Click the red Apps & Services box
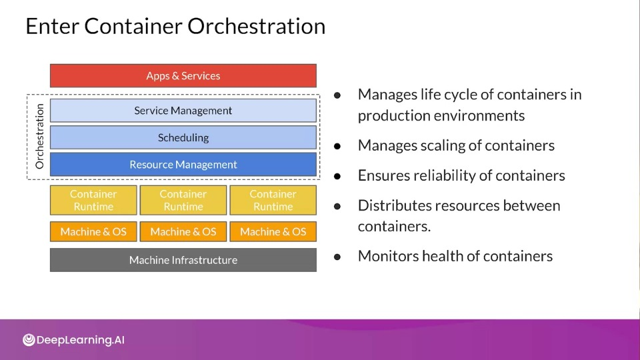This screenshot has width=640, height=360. (x=183, y=75)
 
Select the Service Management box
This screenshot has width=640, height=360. (x=183, y=110)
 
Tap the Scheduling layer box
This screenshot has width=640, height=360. (x=183, y=137)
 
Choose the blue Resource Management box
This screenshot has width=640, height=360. (x=183, y=165)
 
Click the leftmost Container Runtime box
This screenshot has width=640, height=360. (x=93, y=200)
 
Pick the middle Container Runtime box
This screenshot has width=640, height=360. (x=183, y=200)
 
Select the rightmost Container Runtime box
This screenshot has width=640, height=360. (x=273, y=200)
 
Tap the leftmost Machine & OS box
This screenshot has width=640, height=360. (x=93, y=231)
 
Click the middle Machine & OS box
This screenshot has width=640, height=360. (x=183, y=231)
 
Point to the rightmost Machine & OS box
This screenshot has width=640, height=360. (x=273, y=231)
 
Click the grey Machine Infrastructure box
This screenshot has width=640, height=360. (x=183, y=260)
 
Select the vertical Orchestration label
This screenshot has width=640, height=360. (x=39, y=136)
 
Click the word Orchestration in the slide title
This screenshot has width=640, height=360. (x=256, y=26)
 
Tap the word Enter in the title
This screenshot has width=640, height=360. (x=52, y=26)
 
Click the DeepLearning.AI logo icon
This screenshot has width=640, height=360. (x=29, y=339)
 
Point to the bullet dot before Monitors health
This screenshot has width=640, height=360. (x=337, y=257)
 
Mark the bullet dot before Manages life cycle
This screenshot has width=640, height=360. (x=337, y=95)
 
